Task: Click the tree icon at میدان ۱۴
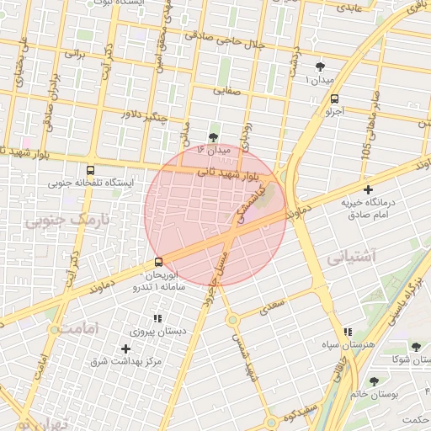[212, 136]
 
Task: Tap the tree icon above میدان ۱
[319, 67]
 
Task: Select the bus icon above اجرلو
[336, 98]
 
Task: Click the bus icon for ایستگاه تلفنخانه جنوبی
[91, 168]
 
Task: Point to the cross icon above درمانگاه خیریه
[368, 189]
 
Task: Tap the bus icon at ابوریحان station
[159, 263]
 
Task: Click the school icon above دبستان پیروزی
[157, 319]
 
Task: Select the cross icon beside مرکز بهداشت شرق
[125, 349]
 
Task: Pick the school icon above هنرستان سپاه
[349, 333]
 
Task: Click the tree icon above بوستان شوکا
[416, 347]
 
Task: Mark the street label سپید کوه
[299, 412]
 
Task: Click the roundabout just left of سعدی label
[231, 320]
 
